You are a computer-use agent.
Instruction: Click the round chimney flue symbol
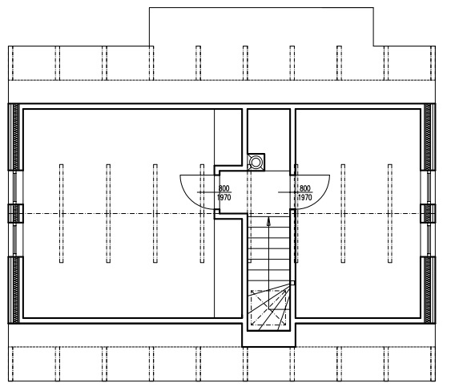255,163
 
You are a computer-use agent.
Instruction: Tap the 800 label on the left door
224,188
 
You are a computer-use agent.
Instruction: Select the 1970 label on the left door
224,197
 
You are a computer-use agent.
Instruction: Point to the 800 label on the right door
305,188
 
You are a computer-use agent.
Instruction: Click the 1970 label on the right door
305,197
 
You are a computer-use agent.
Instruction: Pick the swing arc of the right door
320,199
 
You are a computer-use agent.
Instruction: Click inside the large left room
119,213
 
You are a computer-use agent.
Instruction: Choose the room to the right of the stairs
358,213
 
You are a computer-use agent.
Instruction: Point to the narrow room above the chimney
268,131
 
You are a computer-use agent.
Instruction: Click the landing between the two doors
254,191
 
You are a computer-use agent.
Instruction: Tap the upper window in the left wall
15,187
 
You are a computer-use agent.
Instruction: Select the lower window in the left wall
15,239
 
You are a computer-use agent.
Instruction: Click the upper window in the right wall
429,187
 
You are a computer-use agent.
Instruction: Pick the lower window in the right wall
429,239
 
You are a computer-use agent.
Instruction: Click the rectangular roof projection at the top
261,26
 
